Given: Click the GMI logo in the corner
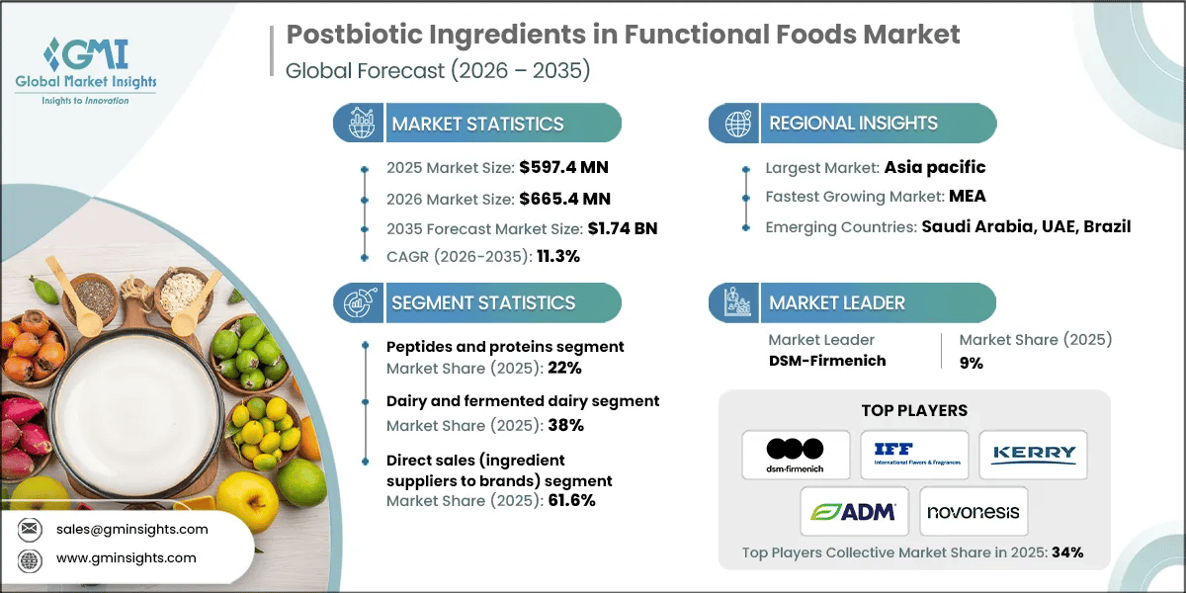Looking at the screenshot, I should point(87,69).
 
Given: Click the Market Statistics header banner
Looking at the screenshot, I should point(477,124).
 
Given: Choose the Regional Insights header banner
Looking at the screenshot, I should point(853,124).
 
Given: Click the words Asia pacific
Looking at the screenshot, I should point(934,168).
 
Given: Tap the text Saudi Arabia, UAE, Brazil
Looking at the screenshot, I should point(1026,226).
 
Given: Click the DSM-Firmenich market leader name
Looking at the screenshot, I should point(826,361).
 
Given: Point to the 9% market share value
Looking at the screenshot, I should point(971,363).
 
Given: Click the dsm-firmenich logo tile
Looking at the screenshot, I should point(795,455).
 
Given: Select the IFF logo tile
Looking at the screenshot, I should point(913,455).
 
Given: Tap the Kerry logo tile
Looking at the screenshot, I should point(1033,455).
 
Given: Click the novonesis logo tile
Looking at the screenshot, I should point(974,511).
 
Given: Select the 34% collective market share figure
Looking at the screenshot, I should point(1066,552).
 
